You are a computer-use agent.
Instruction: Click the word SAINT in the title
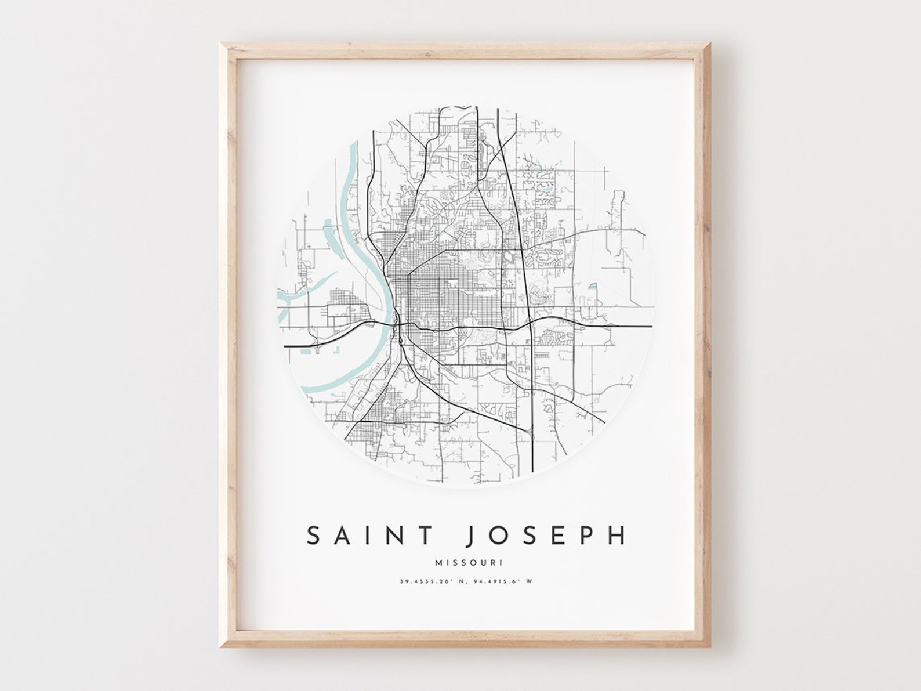pyautogui.click(x=370, y=536)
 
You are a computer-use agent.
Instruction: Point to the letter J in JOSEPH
pyautogui.click(x=471, y=536)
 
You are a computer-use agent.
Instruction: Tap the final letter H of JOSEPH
pyautogui.click(x=618, y=536)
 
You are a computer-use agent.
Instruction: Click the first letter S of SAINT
pyautogui.click(x=314, y=536)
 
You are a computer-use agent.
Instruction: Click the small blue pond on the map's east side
pyautogui.click(x=593, y=286)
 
